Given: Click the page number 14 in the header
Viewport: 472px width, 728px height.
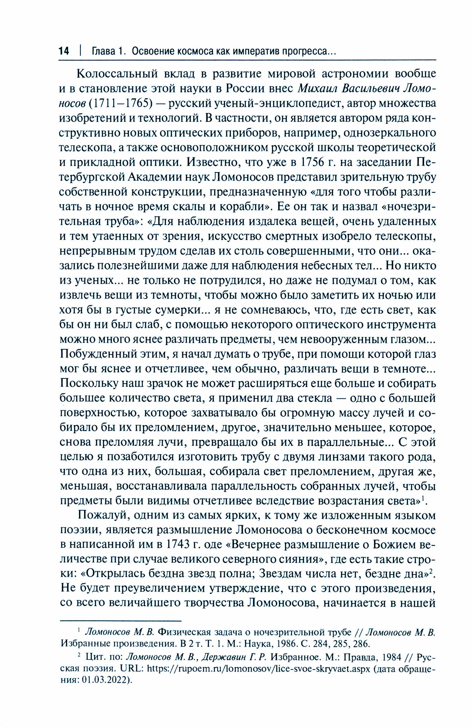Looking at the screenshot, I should pyautogui.click(x=64, y=51).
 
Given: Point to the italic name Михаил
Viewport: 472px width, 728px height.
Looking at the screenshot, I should pyautogui.click(x=318, y=88).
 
